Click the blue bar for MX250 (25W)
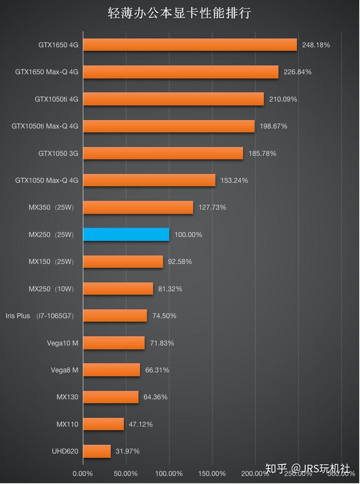click(x=126, y=234)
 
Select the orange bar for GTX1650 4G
click(x=190, y=45)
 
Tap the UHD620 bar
click(x=97, y=451)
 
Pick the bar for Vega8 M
click(x=112, y=370)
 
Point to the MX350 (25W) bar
click(x=138, y=207)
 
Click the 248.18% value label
click(x=316, y=45)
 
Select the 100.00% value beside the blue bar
click(x=188, y=235)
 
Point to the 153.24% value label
click(x=234, y=180)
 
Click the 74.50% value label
click(x=164, y=316)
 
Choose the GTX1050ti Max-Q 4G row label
click(x=45, y=126)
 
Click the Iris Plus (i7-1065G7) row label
click(x=40, y=316)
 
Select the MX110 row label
click(x=67, y=424)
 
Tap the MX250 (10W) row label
click(x=51, y=289)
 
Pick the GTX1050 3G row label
click(x=58, y=154)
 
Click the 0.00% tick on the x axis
click(x=83, y=474)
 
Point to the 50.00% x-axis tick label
click(x=126, y=474)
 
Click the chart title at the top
click(x=179, y=13)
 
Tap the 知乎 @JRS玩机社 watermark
click(x=308, y=469)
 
